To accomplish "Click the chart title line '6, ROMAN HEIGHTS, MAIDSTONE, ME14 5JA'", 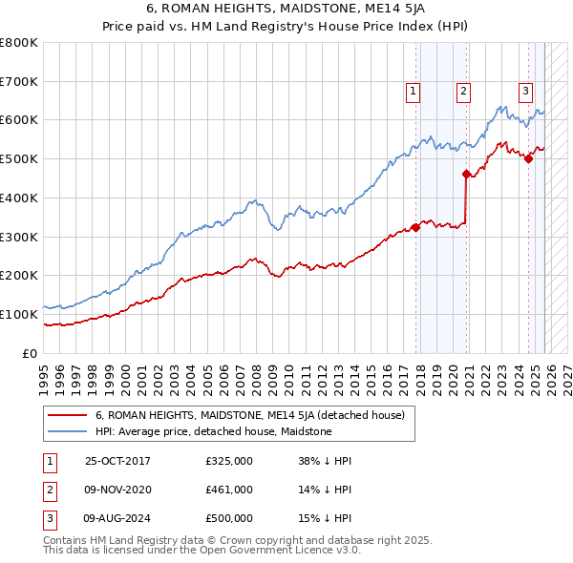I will click(286, 10).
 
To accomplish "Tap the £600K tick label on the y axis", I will click(19, 120).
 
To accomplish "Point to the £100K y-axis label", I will click(19, 314).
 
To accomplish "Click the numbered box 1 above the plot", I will click(413, 92).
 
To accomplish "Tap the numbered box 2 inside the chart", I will click(462, 92).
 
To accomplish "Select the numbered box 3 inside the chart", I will click(525, 92).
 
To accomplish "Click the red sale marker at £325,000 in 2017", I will click(415, 227).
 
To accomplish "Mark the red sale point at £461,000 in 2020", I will click(466, 175).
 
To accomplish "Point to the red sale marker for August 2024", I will click(528, 159).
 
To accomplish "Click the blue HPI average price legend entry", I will click(213, 431).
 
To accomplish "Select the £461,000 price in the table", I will click(229, 490).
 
